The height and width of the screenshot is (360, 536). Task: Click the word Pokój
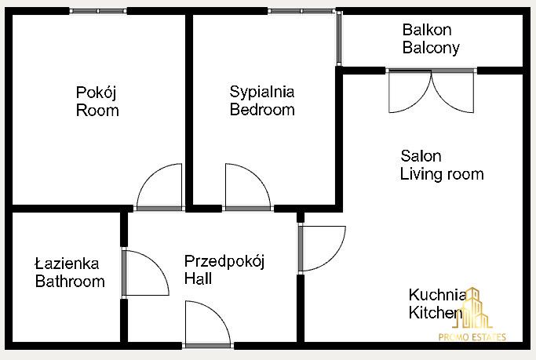pos(96,93)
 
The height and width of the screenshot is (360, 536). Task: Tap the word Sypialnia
pos(262,93)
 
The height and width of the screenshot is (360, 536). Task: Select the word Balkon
pos(427,30)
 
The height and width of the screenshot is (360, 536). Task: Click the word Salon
pos(421,156)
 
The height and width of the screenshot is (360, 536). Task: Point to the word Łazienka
pos(67,264)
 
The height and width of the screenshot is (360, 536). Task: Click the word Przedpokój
pos(224,262)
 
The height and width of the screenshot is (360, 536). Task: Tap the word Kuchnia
pos(437,295)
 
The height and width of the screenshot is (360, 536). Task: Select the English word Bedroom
pos(262,110)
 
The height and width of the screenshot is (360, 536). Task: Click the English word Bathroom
pos(70,282)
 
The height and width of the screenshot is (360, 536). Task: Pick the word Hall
pos(198,278)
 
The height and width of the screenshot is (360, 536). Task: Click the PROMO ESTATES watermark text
pos(472,337)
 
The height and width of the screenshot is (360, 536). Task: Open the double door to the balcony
pos(432,91)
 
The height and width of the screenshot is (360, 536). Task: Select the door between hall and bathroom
pos(145,273)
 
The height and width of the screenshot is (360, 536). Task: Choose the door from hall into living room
pos(322,249)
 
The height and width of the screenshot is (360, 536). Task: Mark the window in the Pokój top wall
pos(98,11)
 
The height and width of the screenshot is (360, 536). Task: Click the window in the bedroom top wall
pos(301,11)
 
